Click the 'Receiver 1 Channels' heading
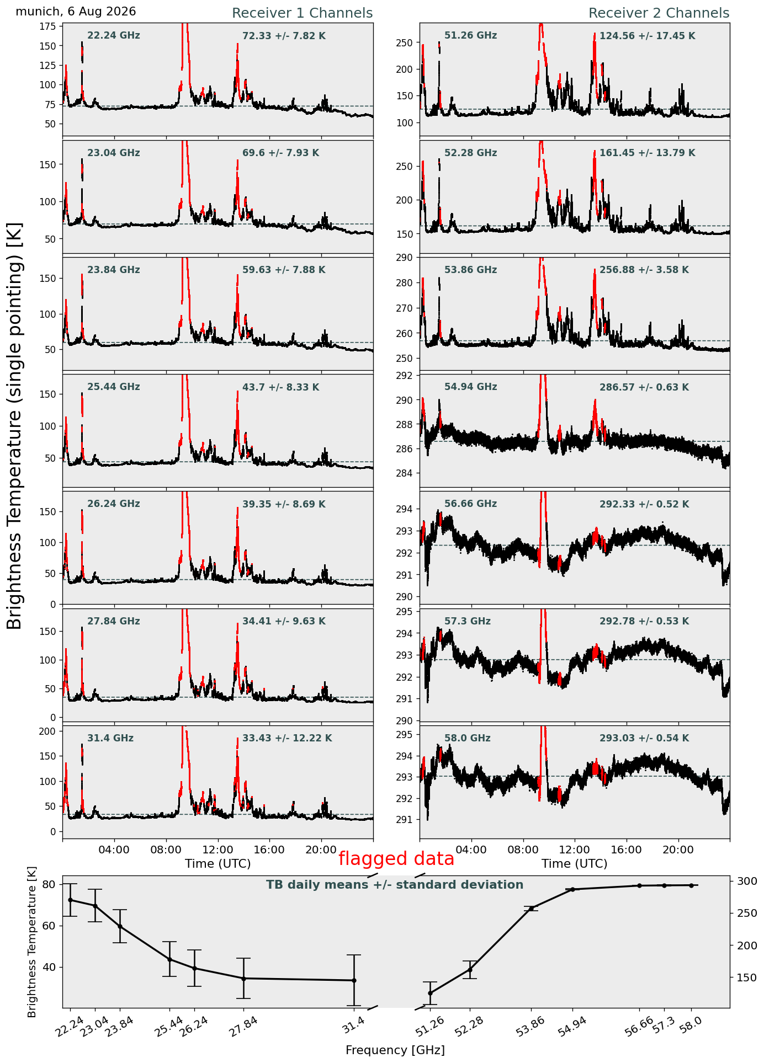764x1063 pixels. pyautogui.click(x=302, y=13)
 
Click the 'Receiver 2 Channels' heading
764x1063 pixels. pyautogui.click(x=659, y=13)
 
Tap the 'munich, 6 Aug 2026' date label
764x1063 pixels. pyautogui.click(x=76, y=12)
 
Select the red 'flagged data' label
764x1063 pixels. pyautogui.click(x=396, y=859)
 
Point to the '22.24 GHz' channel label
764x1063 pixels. pyautogui.click(x=114, y=36)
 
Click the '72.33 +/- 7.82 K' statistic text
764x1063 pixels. pyautogui.click(x=284, y=36)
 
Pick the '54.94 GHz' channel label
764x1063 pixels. pyautogui.click(x=470, y=387)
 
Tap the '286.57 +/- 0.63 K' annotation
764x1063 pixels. pyautogui.click(x=644, y=388)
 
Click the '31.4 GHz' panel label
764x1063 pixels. pyautogui.click(x=110, y=738)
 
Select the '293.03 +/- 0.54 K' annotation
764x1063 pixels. pyautogui.click(x=644, y=738)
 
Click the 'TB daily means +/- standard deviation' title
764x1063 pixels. pyautogui.click(x=395, y=885)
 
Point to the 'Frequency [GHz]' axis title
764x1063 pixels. pyautogui.click(x=395, y=1050)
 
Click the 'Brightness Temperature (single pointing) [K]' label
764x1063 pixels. pyautogui.click(x=15, y=426)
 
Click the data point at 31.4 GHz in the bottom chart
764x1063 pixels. pyautogui.click(x=354, y=980)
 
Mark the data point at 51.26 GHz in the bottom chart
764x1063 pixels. pyautogui.click(x=430, y=993)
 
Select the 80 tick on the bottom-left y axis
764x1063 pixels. pyautogui.click(x=49, y=884)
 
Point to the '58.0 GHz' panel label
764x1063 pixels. pyautogui.click(x=468, y=738)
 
